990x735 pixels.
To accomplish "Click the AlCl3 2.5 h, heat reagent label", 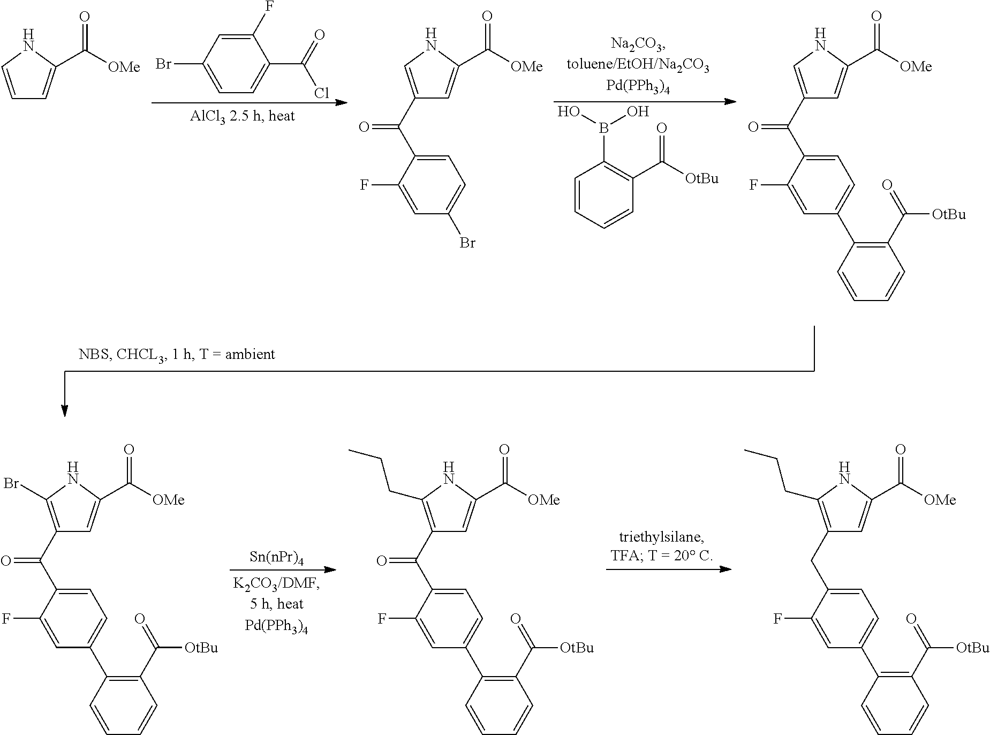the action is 242,116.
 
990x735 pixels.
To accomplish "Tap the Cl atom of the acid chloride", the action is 321,93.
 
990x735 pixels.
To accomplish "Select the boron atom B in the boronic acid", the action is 603,129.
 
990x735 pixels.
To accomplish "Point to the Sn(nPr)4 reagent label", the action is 277,558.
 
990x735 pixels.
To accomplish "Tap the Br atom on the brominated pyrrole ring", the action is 11,484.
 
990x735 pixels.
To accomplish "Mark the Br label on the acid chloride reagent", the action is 164,65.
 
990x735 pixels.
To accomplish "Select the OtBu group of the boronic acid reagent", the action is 702,178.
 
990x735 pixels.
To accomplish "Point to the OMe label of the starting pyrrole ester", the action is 124,67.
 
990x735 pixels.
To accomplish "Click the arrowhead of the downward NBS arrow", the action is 64,411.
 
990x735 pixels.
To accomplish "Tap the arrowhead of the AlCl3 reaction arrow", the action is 342,102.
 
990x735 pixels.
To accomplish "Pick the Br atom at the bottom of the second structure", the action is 467,243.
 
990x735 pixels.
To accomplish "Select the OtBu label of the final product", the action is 973,648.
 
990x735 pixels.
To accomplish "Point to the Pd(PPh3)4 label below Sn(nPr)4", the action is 276,626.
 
